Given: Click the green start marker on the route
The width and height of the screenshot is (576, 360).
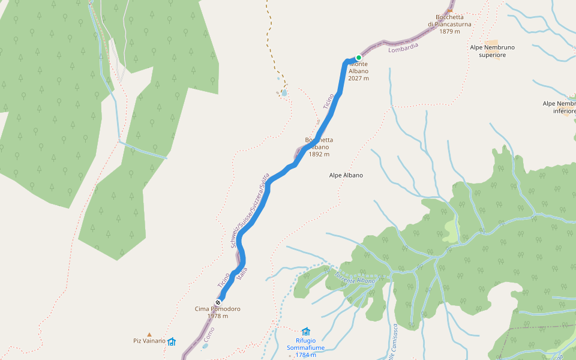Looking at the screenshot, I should pyautogui.click(x=359, y=58).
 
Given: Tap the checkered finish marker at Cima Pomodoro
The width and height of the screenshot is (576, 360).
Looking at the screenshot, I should pyautogui.click(x=218, y=302).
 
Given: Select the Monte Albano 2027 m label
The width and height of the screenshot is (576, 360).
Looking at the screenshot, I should pyautogui.click(x=358, y=71).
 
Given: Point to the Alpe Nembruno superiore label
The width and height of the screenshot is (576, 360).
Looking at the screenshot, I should pyautogui.click(x=493, y=51).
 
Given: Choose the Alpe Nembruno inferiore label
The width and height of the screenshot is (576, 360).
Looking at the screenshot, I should pyautogui.click(x=559, y=107).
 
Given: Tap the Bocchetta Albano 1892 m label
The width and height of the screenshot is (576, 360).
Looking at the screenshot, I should pyautogui.click(x=319, y=147).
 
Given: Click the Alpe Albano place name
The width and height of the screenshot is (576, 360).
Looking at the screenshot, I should pyautogui.click(x=346, y=175).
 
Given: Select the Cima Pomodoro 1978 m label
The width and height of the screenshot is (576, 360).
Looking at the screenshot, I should pyautogui.click(x=217, y=313).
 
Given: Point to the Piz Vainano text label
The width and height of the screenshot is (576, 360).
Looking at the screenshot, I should pyautogui.click(x=149, y=341).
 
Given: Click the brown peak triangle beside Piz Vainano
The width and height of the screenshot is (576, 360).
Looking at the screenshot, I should pyautogui.click(x=149, y=334).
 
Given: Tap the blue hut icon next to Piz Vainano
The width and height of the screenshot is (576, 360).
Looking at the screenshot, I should pyautogui.click(x=172, y=341).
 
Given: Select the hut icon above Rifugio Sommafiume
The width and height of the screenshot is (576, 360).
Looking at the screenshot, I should pyautogui.click(x=306, y=331).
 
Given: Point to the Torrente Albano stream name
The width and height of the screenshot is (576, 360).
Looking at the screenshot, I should pyautogui.click(x=355, y=277).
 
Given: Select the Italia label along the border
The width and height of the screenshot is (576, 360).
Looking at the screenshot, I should pyautogui.click(x=242, y=274).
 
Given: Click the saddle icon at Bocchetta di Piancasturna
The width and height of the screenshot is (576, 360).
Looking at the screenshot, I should pyautogui.click(x=450, y=10).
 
